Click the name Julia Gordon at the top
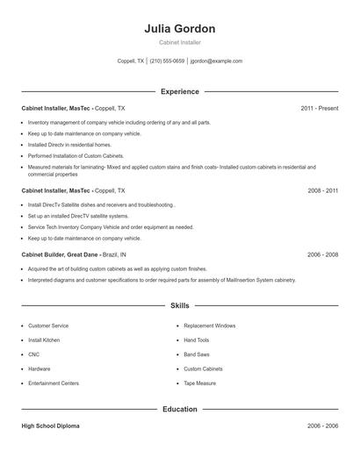pyautogui.click(x=179, y=29)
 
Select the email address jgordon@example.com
pyautogui.click(x=218, y=61)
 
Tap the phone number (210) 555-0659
pyautogui.click(x=167, y=61)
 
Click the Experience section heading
pyautogui.click(x=179, y=91)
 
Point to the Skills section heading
pyautogui.click(x=179, y=305)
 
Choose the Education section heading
pyautogui.click(x=179, y=409)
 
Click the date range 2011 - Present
pyautogui.click(x=319, y=108)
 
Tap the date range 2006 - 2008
pyautogui.click(x=322, y=254)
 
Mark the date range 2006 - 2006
pyautogui.click(x=322, y=426)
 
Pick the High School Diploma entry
pyautogui.click(x=50, y=426)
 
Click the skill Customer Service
pyautogui.click(x=48, y=325)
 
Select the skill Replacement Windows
pyautogui.click(x=209, y=325)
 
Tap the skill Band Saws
pyautogui.click(x=197, y=354)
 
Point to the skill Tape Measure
pyautogui.click(x=199, y=383)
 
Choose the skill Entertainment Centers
pyautogui.click(x=54, y=383)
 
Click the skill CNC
pyautogui.click(x=34, y=354)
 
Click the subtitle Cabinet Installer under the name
pyautogui.click(x=179, y=43)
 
